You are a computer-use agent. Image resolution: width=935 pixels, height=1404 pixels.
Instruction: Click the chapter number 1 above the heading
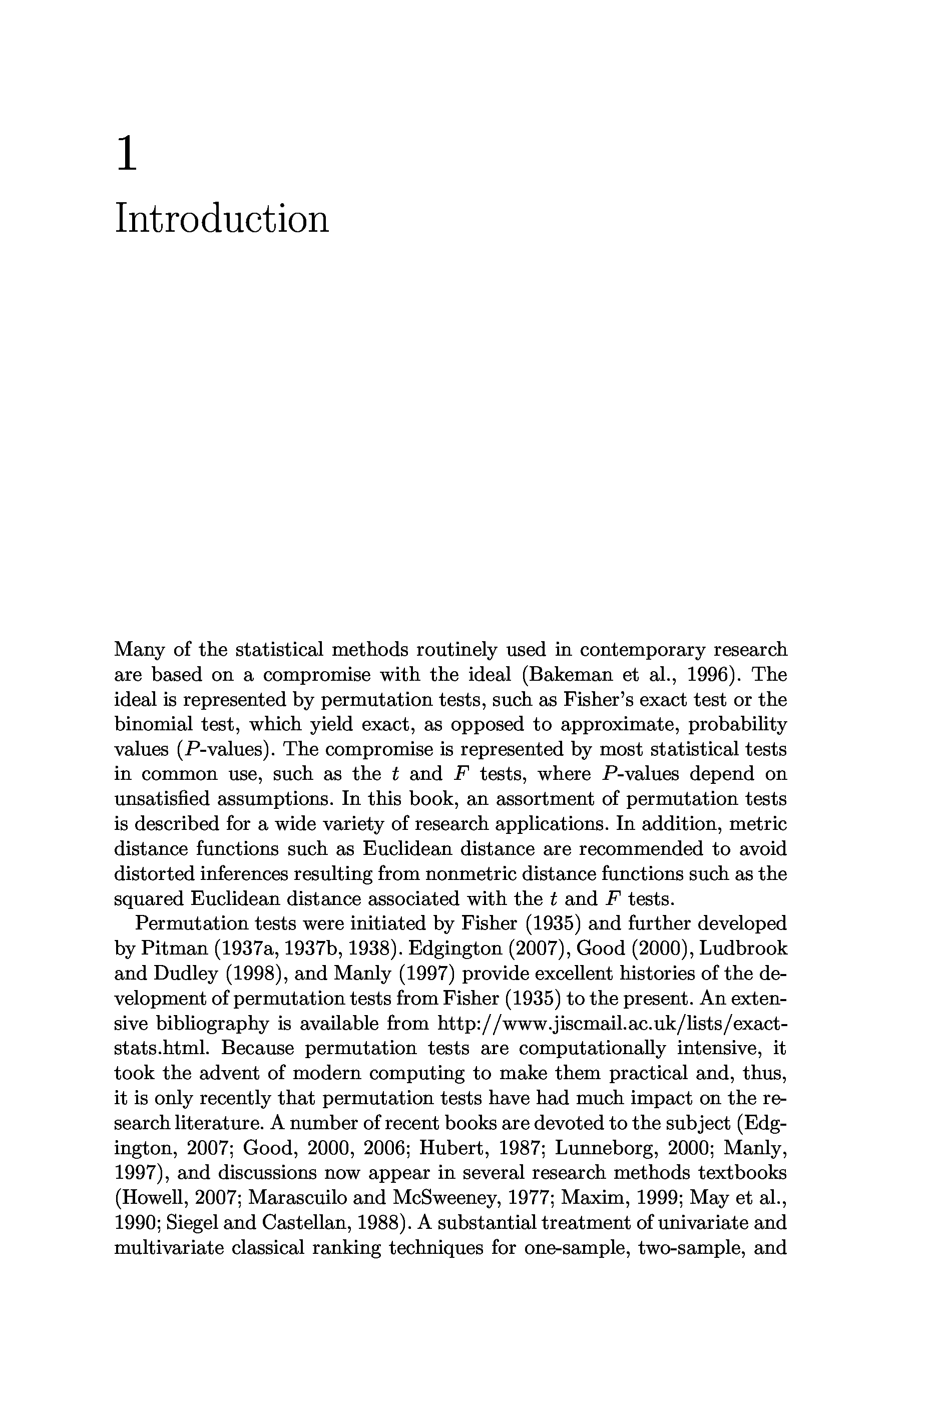(127, 154)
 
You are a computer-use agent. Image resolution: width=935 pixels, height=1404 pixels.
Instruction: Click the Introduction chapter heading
(221, 219)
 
